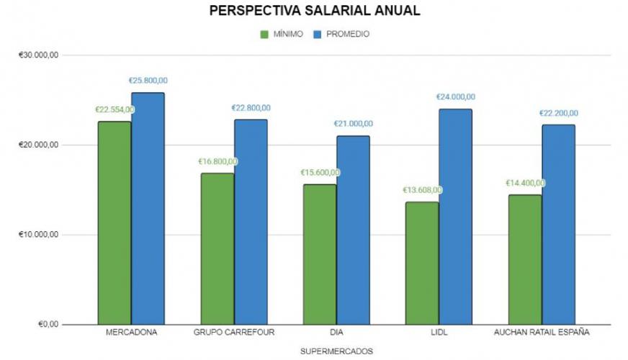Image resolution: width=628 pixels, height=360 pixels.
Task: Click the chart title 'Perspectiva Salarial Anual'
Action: [x=314, y=11]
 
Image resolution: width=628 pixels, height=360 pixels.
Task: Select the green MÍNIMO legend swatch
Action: [x=264, y=34]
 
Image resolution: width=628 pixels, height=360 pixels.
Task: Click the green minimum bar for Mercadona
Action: [x=115, y=222]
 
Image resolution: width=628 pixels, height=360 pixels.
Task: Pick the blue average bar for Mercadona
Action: [x=148, y=208]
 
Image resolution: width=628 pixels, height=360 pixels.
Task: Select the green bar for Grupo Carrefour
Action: [x=217, y=248]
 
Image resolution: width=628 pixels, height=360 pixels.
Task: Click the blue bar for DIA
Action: [x=353, y=230]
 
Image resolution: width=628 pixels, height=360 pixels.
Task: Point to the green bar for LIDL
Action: [x=422, y=263]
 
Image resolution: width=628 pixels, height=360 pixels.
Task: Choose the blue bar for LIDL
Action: [x=456, y=216]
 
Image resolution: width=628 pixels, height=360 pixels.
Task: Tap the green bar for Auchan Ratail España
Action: [x=525, y=259]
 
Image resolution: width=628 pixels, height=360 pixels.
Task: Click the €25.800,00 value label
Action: [x=148, y=81]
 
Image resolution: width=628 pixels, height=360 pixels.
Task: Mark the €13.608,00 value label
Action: [x=422, y=190]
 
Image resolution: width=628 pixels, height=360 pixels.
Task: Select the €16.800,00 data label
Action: [x=217, y=161]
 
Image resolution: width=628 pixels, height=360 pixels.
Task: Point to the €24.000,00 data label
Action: [x=456, y=97]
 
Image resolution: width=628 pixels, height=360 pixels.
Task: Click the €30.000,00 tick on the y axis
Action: [x=39, y=55]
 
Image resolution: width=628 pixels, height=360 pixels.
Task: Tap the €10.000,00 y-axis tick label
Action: [x=39, y=235]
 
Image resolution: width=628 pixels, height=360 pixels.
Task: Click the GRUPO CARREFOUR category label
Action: [x=234, y=333]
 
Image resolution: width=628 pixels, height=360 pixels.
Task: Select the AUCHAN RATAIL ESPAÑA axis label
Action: [x=542, y=333]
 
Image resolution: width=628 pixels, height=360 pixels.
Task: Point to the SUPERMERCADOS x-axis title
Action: [x=336, y=351]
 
